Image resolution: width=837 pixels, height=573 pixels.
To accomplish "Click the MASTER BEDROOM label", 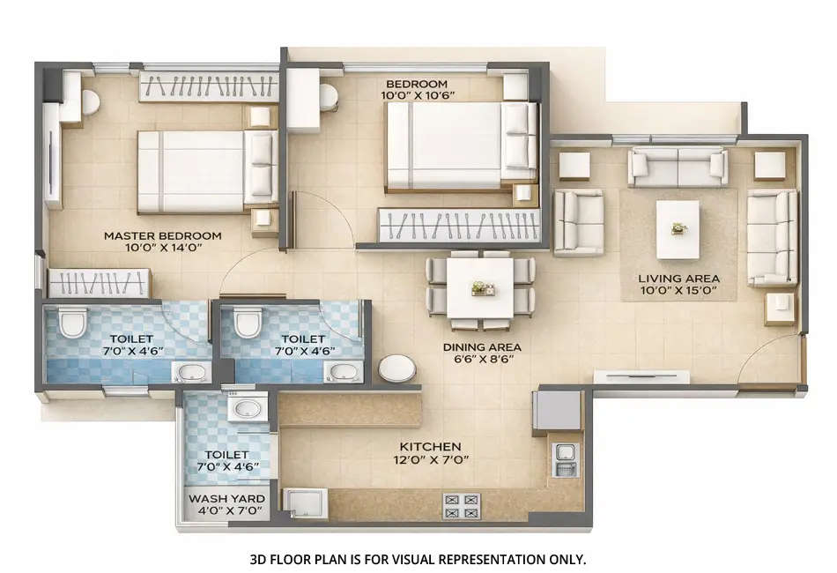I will [162, 235].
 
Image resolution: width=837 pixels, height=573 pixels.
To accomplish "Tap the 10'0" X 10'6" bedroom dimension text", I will [417, 95].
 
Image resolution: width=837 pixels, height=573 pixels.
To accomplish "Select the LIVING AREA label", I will [678, 278].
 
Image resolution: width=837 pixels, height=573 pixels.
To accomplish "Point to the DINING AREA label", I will [482, 347].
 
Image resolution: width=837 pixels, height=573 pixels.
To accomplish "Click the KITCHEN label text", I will [429, 447].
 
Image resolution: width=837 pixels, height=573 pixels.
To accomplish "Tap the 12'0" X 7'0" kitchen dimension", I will [429, 459].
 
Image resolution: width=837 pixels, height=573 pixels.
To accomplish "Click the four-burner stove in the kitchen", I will [461, 506].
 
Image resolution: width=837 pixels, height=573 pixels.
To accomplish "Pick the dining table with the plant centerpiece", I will [480, 286].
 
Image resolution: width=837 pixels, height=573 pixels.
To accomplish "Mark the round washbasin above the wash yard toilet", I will [242, 409].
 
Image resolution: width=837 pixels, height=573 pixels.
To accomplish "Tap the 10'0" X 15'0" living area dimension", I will [678, 290].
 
